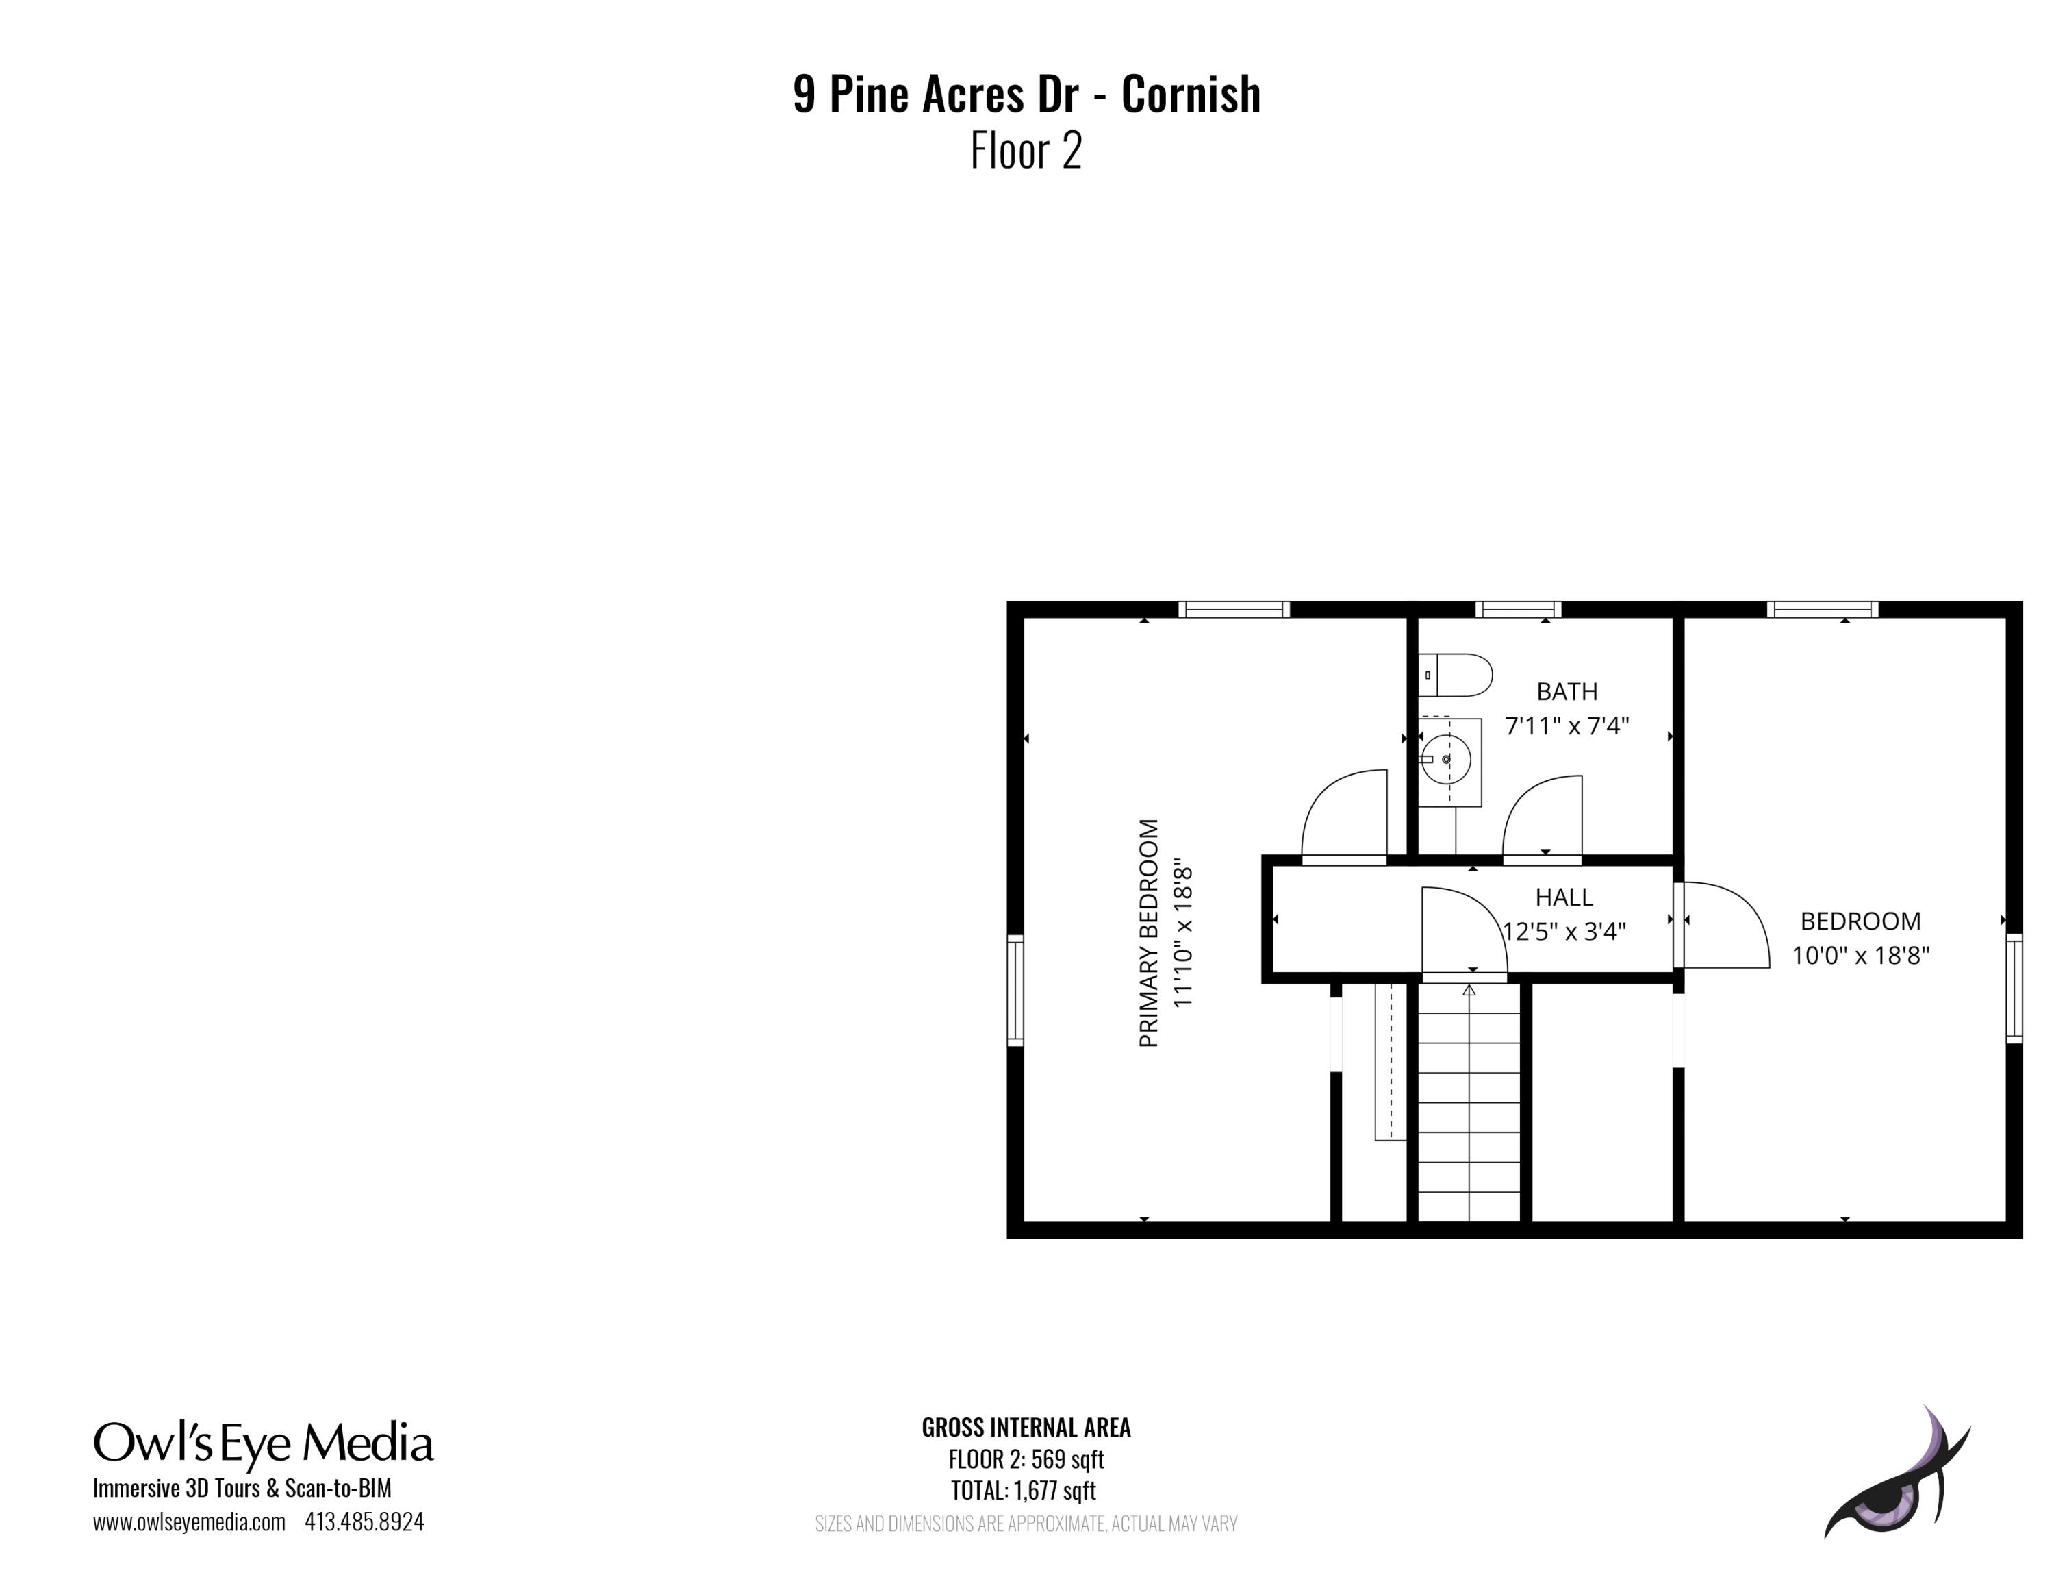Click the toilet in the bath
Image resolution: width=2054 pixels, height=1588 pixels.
(x=1455, y=675)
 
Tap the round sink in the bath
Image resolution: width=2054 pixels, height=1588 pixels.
(x=1445, y=758)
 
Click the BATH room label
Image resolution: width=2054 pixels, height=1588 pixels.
(x=1567, y=691)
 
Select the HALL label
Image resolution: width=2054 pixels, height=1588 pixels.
(x=1564, y=897)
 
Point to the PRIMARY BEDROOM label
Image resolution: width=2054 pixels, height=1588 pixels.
(x=1148, y=933)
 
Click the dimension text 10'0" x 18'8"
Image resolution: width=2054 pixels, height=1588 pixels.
(x=1860, y=955)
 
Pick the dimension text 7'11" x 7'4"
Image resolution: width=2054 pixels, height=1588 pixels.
(x=1567, y=725)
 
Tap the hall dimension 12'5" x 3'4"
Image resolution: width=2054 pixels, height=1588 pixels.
(x=1564, y=930)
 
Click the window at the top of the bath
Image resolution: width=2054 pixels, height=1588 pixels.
(x=1518, y=610)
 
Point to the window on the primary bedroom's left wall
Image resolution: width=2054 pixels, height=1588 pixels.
(x=1015, y=990)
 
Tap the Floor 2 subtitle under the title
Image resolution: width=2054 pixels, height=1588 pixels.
(x=1026, y=151)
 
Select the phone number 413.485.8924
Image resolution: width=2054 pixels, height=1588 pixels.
(x=364, y=1522)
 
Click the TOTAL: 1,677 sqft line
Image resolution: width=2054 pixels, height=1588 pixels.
(x=1024, y=1490)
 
